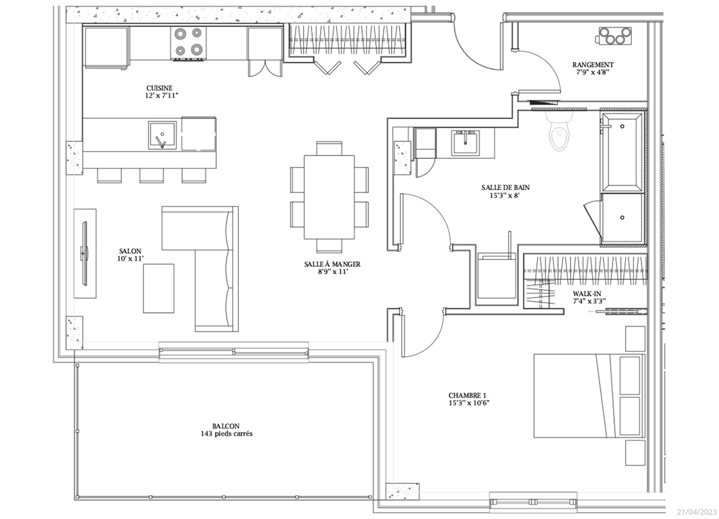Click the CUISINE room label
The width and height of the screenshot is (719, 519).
(160, 87)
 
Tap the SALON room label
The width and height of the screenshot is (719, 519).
(130, 251)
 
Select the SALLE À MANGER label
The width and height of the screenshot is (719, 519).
(332, 264)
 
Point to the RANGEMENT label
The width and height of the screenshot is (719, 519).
(593, 65)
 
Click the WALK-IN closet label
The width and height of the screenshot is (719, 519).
(587, 294)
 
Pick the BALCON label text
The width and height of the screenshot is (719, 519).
(226, 426)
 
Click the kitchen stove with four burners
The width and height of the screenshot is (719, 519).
(189, 43)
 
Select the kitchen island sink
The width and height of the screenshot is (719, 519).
(162, 135)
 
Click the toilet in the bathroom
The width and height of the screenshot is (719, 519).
(559, 131)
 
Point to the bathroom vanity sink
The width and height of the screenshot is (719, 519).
(465, 143)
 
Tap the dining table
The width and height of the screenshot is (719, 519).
(329, 197)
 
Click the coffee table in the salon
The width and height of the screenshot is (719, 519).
(159, 288)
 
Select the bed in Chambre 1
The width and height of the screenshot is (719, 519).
(590, 396)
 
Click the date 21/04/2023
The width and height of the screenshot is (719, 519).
(697, 512)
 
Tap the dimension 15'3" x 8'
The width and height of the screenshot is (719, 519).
(505, 195)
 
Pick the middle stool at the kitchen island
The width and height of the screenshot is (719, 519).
(151, 175)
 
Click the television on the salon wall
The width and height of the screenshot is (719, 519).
(85, 253)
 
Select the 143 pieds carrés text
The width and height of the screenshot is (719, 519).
(227, 433)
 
